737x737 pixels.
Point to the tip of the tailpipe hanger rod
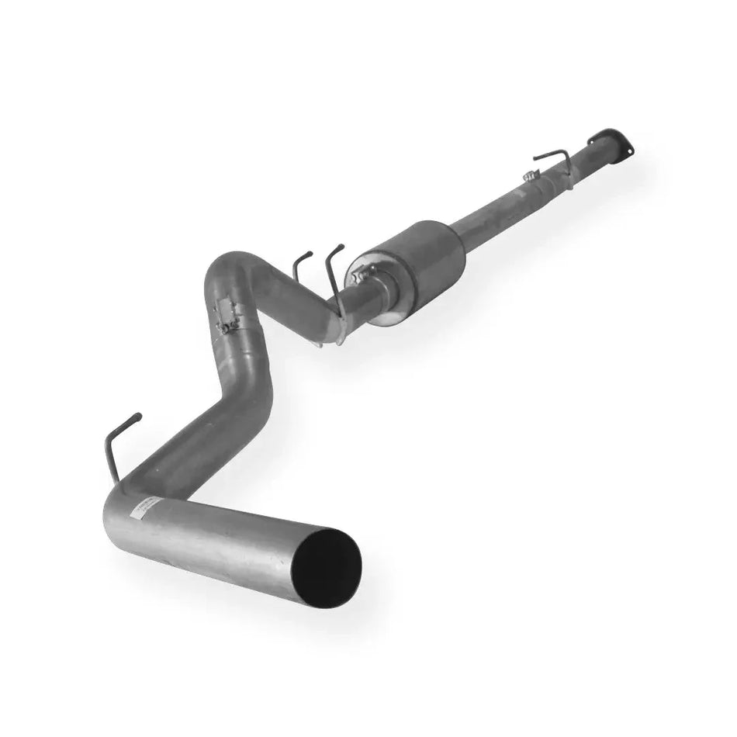tap(138, 417)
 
